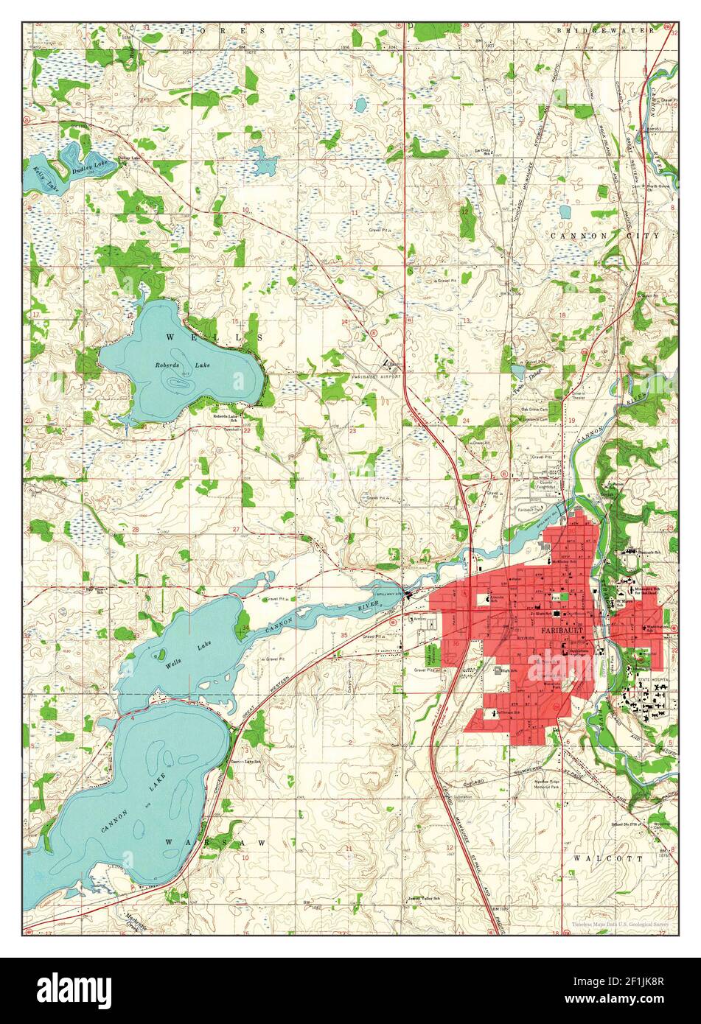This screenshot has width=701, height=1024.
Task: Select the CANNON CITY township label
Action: click(605, 236)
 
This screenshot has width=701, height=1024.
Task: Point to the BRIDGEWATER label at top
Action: click(605, 31)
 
